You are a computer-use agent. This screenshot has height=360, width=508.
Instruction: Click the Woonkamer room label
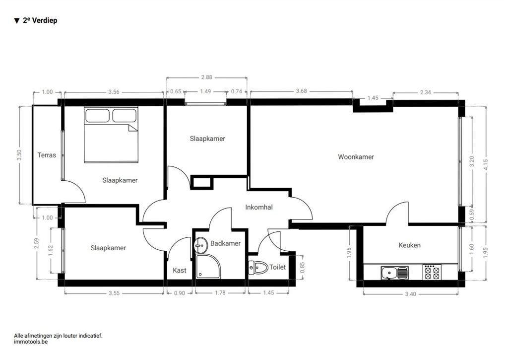(356, 157)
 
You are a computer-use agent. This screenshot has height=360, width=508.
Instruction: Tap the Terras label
(47, 155)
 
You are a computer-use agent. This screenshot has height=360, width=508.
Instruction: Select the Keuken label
(409, 245)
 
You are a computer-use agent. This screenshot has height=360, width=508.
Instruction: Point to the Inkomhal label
(259, 207)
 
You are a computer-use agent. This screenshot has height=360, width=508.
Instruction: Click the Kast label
(180, 271)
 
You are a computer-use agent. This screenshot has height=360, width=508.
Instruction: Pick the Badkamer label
(226, 243)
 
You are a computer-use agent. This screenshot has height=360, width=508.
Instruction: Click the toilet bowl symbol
(258, 268)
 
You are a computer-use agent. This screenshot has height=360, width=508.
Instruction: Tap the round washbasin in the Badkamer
(201, 245)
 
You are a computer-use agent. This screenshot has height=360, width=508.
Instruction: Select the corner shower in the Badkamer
(208, 266)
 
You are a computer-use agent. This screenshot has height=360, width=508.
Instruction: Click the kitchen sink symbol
(394, 273)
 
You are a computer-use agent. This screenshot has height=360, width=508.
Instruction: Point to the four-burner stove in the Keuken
(432, 273)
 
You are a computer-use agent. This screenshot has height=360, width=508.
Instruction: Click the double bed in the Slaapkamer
(111, 135)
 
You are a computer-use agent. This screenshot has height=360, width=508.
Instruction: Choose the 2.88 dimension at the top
(207, 77)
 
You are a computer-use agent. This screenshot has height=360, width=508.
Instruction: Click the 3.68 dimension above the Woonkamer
(301, 91)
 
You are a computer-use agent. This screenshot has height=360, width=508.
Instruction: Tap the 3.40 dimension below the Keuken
(410, 294)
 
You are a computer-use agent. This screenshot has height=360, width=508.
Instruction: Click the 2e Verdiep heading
(36, 20)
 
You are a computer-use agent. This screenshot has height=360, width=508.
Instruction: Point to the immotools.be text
(31, 342)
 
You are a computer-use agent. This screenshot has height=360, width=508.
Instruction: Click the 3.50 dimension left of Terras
(19, 155)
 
